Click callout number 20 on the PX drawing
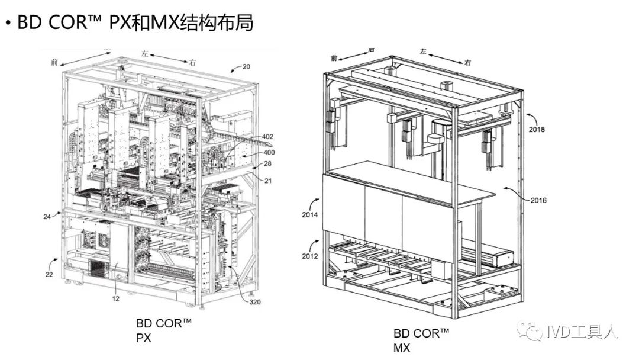click(x=247, y=66)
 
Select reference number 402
click(x=267, y=137)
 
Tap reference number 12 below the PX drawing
click(x=115, y=298)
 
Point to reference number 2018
click(x=537, y=129)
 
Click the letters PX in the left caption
click(x=144, y=338)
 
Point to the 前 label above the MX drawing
click(x=334, y=58)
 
